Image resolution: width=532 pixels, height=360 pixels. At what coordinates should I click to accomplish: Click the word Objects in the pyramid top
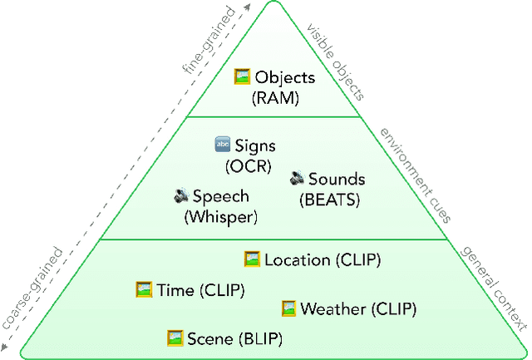coord(285,78)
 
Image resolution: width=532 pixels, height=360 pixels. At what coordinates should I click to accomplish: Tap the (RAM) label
coord(274,98)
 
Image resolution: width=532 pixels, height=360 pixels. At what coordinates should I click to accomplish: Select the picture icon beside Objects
coord(242,77)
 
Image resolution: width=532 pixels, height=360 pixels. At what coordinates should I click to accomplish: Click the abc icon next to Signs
coord(222,145)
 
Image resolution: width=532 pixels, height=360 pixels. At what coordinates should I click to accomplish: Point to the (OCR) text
coord(248,165)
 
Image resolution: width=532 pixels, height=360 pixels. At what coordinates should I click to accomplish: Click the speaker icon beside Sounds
coord(298,178)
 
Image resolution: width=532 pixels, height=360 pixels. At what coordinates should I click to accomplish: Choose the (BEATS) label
coord(329,198)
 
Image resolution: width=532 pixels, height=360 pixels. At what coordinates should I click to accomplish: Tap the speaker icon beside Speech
coord(181,196)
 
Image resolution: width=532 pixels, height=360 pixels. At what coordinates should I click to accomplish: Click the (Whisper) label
coord(220,216)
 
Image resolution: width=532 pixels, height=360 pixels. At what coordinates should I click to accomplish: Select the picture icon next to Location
coord(252,259)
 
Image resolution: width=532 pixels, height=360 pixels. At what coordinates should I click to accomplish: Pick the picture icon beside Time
coord(144,289)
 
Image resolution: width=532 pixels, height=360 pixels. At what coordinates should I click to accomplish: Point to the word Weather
coord(332,309)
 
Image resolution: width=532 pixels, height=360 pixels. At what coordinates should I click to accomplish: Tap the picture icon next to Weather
coord(288,308)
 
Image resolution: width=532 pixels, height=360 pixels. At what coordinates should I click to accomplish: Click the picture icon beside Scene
coord(175,338)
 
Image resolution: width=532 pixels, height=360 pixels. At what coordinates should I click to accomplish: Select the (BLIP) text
coord(261,338)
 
